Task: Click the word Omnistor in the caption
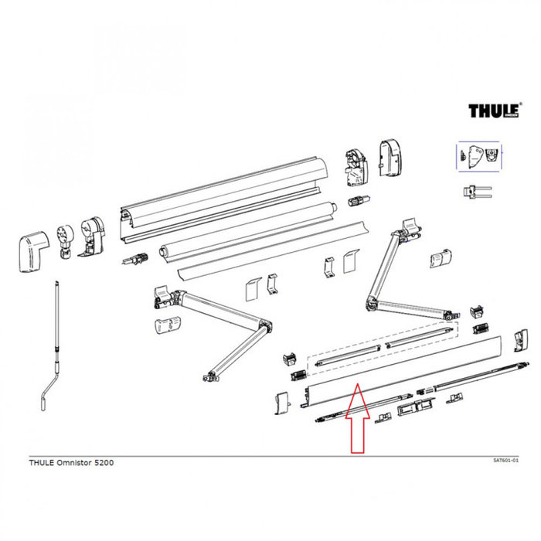(69, 461)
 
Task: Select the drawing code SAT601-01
(505, 460)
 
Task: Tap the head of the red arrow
(356, 394)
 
